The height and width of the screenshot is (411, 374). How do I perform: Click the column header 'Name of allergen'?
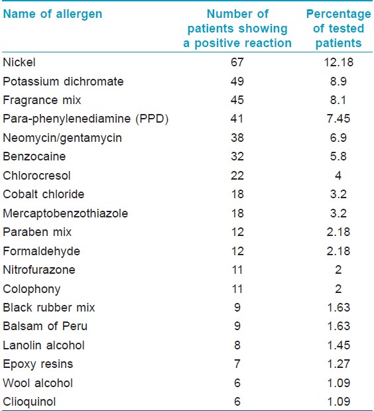click(x=52, y=15)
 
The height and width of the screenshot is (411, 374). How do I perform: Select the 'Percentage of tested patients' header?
click(x=339, y=29)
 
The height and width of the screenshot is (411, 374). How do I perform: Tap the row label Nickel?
click(x=19, y=62)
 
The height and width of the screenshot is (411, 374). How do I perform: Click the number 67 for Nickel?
click(x=237, y=62)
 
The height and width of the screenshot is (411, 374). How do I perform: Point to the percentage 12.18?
click(x=339, y=62)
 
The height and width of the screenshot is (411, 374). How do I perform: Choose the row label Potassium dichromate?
click(x=63, y=82)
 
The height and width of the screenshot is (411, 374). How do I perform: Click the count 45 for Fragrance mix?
click(x=237, y=100)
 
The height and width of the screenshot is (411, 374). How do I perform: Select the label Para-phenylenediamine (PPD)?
click(x=86, y=119)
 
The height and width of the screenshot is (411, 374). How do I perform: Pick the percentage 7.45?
click(x=338, y=119)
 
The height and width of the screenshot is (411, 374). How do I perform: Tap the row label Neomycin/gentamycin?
click(x=62, y=138)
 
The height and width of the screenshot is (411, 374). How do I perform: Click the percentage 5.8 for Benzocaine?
click(x=338, y=156)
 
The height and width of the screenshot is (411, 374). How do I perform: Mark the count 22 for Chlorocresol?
click(x=237, y=176)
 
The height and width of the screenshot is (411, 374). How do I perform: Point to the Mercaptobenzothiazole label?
click(x=65, y=213)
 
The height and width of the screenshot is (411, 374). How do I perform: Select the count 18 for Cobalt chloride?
click(x=237, y=194)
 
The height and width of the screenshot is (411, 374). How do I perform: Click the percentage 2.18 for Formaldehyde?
click(x=338, y=251)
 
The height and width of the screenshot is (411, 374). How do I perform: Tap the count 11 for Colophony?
click(x=237, y=289)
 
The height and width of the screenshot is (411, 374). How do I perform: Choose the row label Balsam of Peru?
click(x=45, y=326)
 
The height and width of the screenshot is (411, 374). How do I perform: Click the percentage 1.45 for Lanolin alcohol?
click(x=339, y=345)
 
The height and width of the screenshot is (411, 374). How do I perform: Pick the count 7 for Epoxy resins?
click(x=237, y=364)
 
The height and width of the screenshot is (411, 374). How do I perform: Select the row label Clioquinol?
click(x=29, y=402)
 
